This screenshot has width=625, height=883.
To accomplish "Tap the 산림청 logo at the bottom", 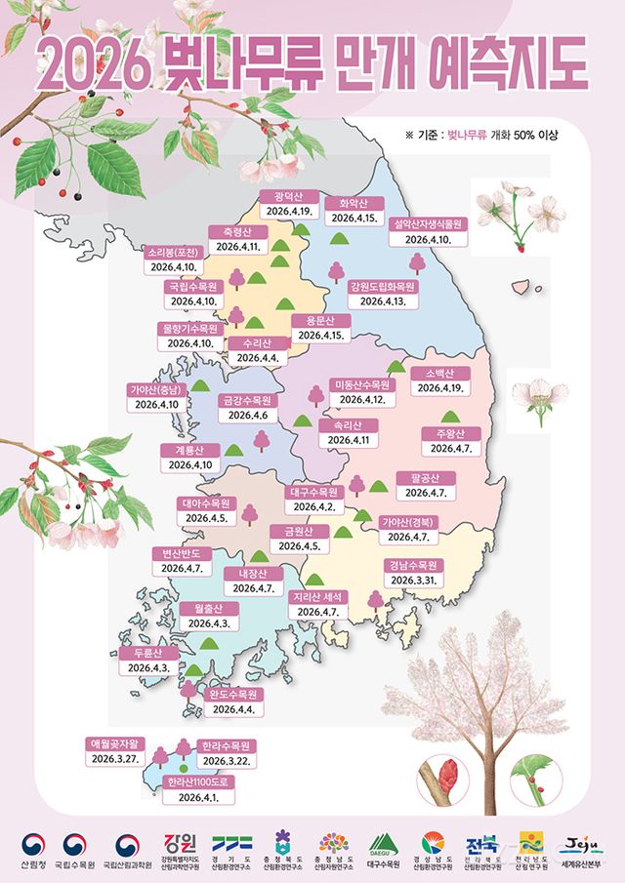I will pos(32,849).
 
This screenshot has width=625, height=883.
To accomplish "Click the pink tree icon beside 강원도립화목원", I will pos(418,262).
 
